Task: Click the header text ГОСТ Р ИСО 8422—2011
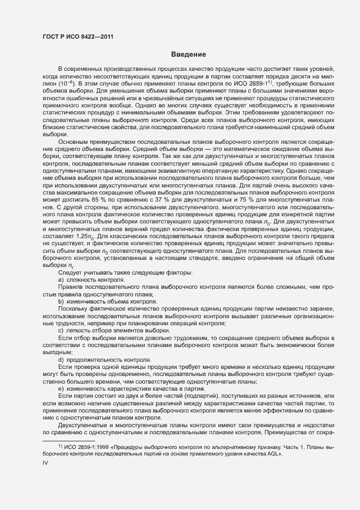point(78,37)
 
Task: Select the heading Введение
point(188,54)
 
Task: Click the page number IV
point(45,462)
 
